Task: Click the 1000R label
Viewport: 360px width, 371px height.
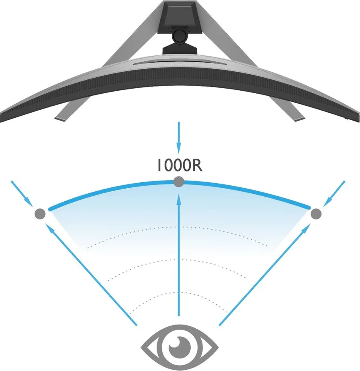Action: (x=180, y=165)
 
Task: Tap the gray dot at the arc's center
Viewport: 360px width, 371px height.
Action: (x=179, y=182)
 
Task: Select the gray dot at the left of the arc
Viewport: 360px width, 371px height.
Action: (x=40, y=214)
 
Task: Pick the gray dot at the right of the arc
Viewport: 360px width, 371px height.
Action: (x=316, y=214)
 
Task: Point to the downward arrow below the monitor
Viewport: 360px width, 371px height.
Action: (x=179, y=138)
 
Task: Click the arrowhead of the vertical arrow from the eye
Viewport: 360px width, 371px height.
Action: (x=179, y=199)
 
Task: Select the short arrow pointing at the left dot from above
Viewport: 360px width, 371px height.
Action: (x=22, y=194)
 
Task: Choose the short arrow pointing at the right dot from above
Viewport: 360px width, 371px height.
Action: (x=334, y=194)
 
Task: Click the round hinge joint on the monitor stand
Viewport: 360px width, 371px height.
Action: (x=179, y=36)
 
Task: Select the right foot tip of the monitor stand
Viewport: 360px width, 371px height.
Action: (x=300, y=119)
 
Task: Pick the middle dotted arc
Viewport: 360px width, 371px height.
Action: (x=177, y=260)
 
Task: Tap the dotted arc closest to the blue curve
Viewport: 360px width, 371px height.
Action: (x=177, y=227)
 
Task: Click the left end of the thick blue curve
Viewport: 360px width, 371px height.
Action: (x=50, y=209)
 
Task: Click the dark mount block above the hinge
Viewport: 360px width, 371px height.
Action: (x=179, y=16)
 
